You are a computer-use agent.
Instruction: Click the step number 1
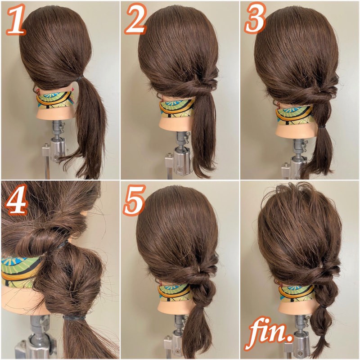15,20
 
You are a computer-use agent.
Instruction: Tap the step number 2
136,19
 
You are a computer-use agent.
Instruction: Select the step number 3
255,18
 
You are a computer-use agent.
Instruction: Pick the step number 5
135,200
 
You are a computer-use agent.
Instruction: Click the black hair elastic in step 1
79,78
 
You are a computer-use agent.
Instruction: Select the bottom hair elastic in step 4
74,318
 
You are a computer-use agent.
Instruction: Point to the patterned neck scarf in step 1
55,100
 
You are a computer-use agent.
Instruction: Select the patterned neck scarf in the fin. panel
296,293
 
